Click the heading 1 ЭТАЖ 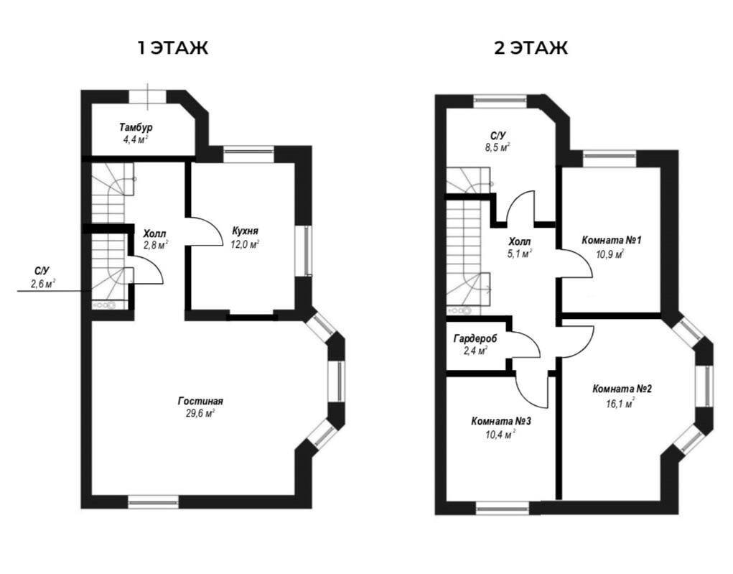pyautogui.click(x=172, y=48)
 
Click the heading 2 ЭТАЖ pyautogui.click(x=531, y=48)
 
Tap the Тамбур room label pyautogui.click(x=136, y=127)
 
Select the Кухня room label pyautogui.click(x=245, y=231)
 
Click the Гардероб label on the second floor pyautogui.click(x=475, y=338)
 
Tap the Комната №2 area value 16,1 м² pyautogui.click(x=620, y=403)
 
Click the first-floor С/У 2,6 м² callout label pyautogui.click(x=42, y=277)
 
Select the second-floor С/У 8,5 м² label pyautogui.click(x=498, y=142)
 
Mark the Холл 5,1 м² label pyautogui.click(x=519, y=248)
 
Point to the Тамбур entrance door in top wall pyautogui.click(x=148, y=97)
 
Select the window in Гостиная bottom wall pyautogui.click(x=154, y=502)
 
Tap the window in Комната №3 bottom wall pyautogui.click(x=502, y=509)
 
